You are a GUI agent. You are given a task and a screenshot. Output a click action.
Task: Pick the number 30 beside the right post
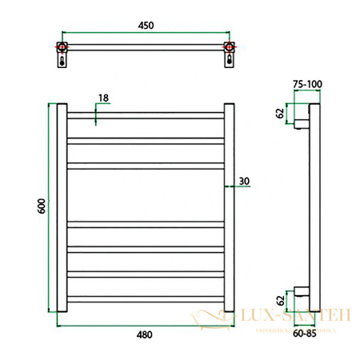tap(244, 181)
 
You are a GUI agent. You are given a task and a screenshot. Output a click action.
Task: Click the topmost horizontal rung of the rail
tap(146, 115)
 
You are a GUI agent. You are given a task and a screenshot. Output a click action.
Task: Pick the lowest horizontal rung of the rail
tap(146, 297)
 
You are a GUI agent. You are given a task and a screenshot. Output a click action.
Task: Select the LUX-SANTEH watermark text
tap(295, 318)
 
